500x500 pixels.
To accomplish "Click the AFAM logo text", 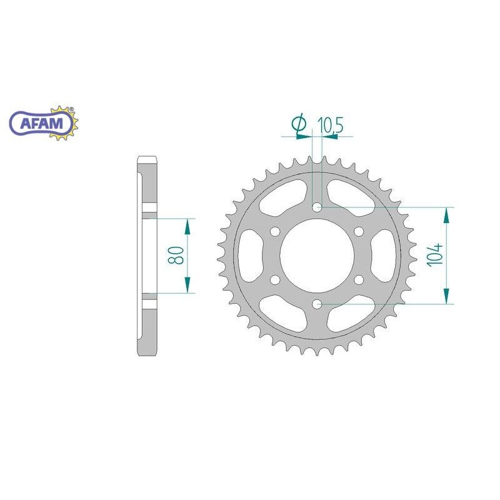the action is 42,123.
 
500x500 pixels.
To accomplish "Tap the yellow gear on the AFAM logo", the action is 64,123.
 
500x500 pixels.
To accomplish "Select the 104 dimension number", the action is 436,254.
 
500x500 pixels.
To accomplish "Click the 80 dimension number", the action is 176,255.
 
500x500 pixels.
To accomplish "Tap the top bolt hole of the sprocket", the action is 317,207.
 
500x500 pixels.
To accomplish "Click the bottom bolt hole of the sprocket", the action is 317,304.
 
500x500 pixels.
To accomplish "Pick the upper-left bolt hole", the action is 275,232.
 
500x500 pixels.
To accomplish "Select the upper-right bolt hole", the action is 359,232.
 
